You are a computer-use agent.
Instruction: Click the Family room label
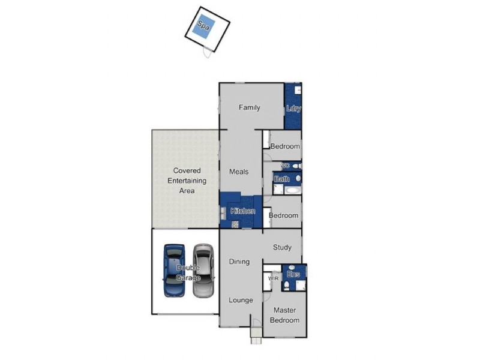pyautogui.click(x=250, y=108)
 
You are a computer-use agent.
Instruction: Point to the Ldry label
pyautogui.click(x=293, y=109)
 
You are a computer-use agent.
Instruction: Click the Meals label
pyautogui.click(x=239, y=172)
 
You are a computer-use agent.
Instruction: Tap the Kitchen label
pyautogui.click(x=243, y=211)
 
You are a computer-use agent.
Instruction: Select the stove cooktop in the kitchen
pyautogui.click(x=235, y=224)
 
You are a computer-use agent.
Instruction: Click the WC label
pyautogui.click(x=285, y=165)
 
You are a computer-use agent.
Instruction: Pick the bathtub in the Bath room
pyautogui.click(x=293, y=190)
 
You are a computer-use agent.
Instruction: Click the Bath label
pyautogui.click(x=282, y=179)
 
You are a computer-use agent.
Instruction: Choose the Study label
pyautogui.click(x=282, y=247)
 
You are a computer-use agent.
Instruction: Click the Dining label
pyautogui.click(x=239, y=262)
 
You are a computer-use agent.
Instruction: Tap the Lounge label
pyautogui.click(x=241, y=300)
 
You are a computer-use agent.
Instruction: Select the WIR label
pyautogui.click(x=274, y=278)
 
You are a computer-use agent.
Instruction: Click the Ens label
pyautogui.click(x=293, y=275)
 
